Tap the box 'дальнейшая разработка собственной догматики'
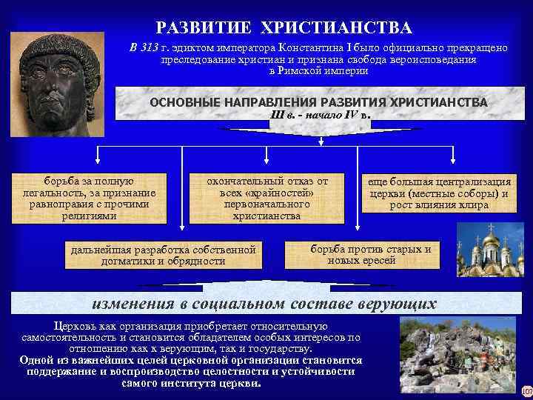pyautogui.click(x=163, y=254)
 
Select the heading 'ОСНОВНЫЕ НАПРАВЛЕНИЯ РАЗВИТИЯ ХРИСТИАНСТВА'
pyautogui.click(x=318, y=101)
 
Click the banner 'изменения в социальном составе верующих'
pyautogui.click(x=264, y=304)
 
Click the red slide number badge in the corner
pyautogui.click(x=526, y=390)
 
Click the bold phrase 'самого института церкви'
pyautogui.click(x=190, y=384)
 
